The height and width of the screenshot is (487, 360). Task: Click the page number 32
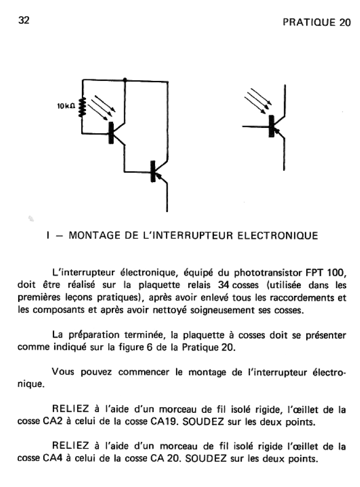[24, 20]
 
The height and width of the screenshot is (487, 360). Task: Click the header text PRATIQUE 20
[316, 23]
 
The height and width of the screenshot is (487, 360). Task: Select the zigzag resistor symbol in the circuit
[82, 107]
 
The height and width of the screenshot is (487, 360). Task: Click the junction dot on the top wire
[125, 79]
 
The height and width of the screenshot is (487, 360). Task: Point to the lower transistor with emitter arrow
[155, 172]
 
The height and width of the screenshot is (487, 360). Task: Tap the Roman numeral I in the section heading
[49, 235]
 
